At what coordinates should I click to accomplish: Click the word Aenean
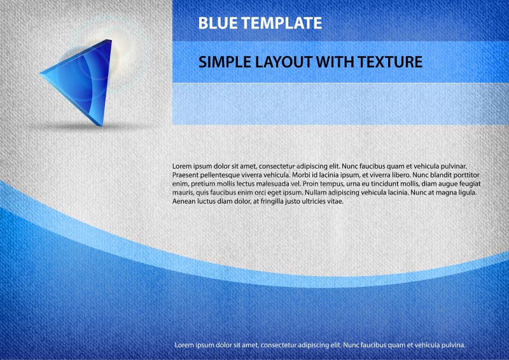[x=185, y=201]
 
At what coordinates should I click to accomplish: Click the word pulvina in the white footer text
[x=453, y=345]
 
